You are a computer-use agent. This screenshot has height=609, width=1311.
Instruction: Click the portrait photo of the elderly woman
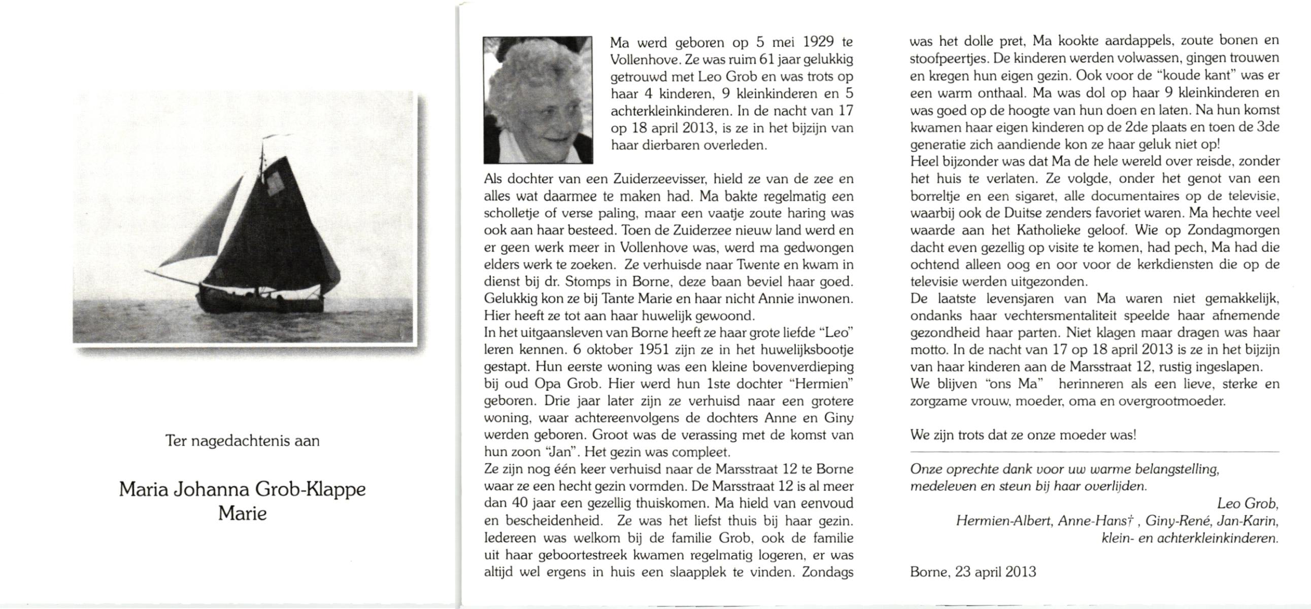538,99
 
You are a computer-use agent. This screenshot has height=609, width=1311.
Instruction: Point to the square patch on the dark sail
275,182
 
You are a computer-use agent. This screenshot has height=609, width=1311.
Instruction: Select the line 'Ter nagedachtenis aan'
242,441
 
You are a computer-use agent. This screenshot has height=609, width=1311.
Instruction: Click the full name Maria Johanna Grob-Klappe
242,489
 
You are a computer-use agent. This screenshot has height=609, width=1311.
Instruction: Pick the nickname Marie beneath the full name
242,514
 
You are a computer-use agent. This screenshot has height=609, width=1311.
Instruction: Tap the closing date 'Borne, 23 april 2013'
972,572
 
